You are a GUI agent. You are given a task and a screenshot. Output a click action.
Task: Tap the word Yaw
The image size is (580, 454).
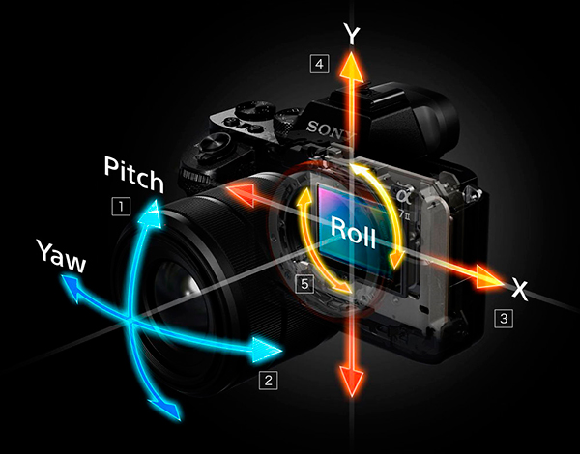click(x=62, y=255)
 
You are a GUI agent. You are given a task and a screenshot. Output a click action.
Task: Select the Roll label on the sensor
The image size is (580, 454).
click(x=353, y=233)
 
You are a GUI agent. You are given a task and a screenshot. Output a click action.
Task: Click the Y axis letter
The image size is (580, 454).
click(x=352, y=33)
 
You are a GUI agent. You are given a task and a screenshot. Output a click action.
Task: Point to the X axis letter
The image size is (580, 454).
click(x=520, y=289)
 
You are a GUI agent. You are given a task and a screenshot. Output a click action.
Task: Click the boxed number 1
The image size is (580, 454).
click(x=121, y=207)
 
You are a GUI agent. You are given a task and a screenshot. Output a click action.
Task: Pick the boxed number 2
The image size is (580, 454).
click(x=268, y=380)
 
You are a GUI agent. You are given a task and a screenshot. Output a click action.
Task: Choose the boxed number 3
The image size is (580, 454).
click(x=504, y=319)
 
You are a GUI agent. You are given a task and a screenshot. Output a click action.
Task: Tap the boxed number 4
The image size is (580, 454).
click(x=319, y=64)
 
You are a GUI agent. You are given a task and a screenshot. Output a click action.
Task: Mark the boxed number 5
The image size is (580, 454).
click(x=304, y=284)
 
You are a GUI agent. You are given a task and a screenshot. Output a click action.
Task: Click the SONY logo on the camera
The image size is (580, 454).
click(x=330, y=129)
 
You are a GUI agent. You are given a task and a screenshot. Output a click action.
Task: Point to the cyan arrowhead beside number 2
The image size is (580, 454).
click(x=266, y=351)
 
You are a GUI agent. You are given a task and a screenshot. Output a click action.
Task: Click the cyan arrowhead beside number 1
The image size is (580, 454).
click(x=152, y=213)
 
